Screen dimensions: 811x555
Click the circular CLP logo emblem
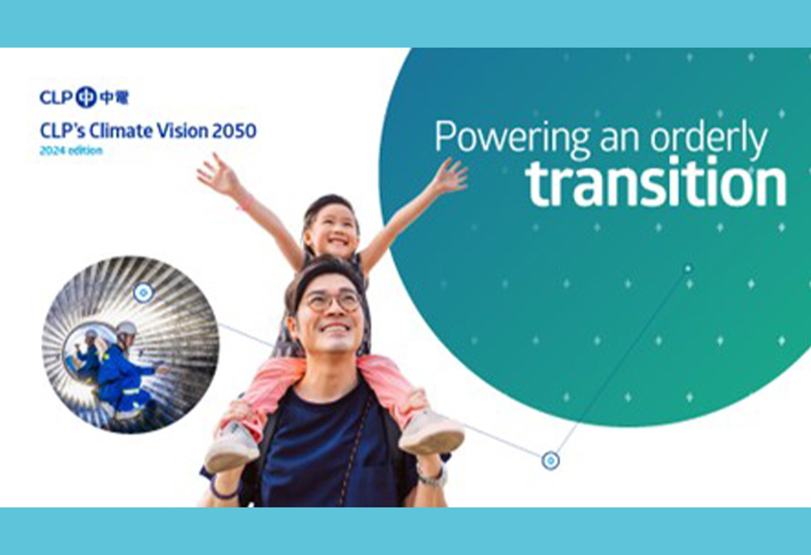click(x=86, y=98)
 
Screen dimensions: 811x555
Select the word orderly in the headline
click(x=709, y=136)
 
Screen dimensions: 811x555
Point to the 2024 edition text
click(x=71, y=151)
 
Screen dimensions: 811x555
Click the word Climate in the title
click(x=121, y=131)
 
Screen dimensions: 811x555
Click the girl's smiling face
click(x=332, y=232)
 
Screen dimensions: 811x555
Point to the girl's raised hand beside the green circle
click(x=449, y=177)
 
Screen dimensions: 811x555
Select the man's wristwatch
click(x=432, y=477)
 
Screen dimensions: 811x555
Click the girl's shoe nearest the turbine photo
click(x=232, y=446)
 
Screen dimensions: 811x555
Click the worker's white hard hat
click(x=126, y=328)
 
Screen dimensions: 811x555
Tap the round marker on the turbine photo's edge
click(x=143, y=293)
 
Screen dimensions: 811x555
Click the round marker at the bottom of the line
click(x=550, y=461)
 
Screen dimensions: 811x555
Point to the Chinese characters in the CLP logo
click(x=114, y=98)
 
